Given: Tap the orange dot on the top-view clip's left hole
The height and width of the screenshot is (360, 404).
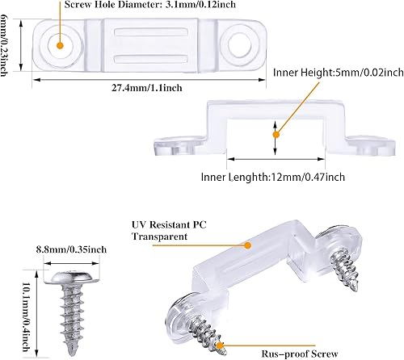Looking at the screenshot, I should [x=58, y=45].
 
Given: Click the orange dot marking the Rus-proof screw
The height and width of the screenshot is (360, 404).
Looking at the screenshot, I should [x=221, y=345].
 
